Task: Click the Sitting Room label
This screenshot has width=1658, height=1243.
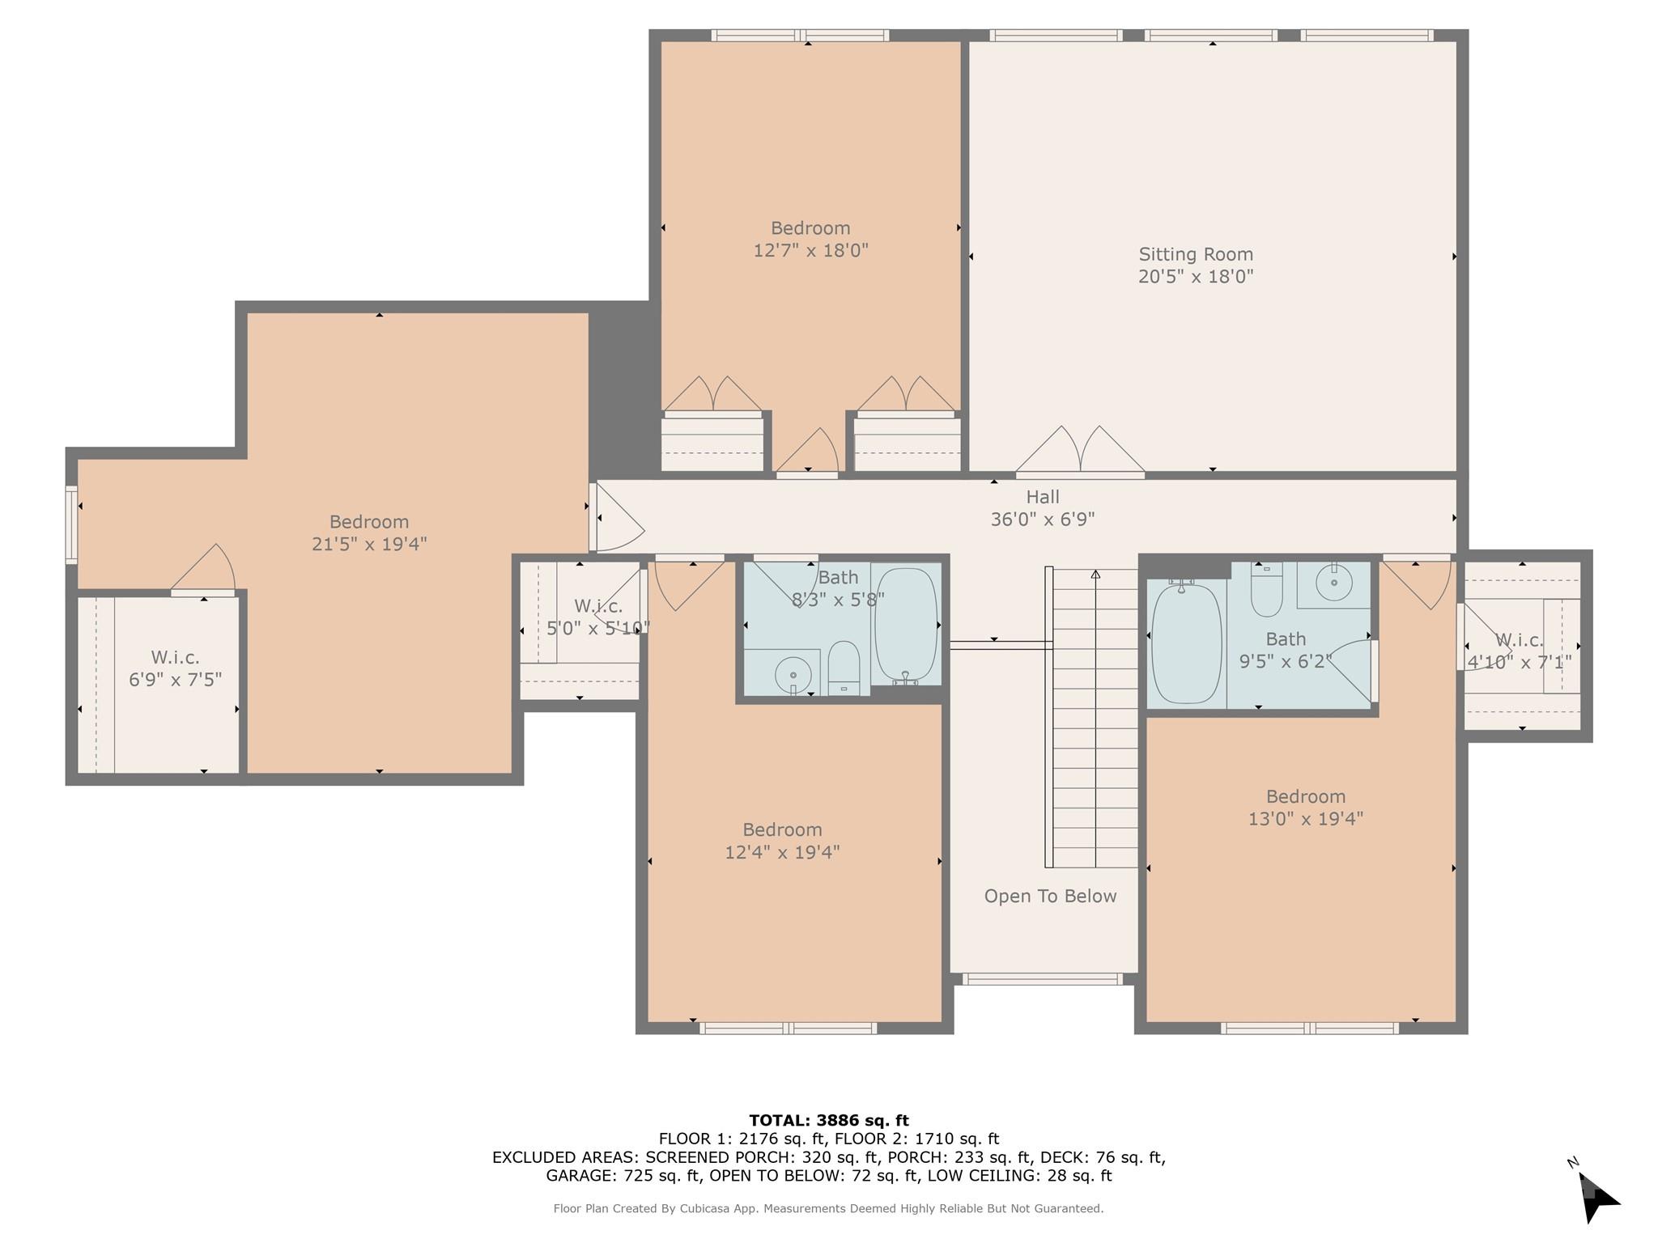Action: click(x=1195, y=254)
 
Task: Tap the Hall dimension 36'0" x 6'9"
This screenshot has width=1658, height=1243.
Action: click(x=1043, y=520)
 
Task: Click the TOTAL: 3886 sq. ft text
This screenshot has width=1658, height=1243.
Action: click(x=829, y=1121)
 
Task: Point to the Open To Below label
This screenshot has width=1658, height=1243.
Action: click(x=1050, y=896)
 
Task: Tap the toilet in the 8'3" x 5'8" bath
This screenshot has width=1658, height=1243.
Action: click(x=844, y=667)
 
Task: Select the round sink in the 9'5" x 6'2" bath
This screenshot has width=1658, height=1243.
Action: click(x=1333, y=583)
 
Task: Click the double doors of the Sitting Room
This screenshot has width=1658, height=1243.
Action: click(x=1080, y=450)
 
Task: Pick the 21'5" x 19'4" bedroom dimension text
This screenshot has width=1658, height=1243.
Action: click(x=369, y=544)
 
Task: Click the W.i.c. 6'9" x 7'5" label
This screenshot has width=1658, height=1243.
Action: click(x=175, y=668)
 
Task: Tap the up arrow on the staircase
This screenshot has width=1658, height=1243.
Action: click(x=1095, y=575)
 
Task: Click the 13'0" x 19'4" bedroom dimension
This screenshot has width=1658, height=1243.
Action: click(x=1305, y=819)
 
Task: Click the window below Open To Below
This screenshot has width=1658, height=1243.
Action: click(x=1043, y=979)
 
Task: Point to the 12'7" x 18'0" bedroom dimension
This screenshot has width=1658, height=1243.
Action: click(x=810, y=250)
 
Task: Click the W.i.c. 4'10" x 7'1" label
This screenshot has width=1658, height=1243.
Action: click(x=1520, y=651)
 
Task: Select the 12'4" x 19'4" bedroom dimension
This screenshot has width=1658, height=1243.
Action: click(x=782, y=852)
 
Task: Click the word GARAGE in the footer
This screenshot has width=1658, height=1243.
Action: click(x=578, y=1176)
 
